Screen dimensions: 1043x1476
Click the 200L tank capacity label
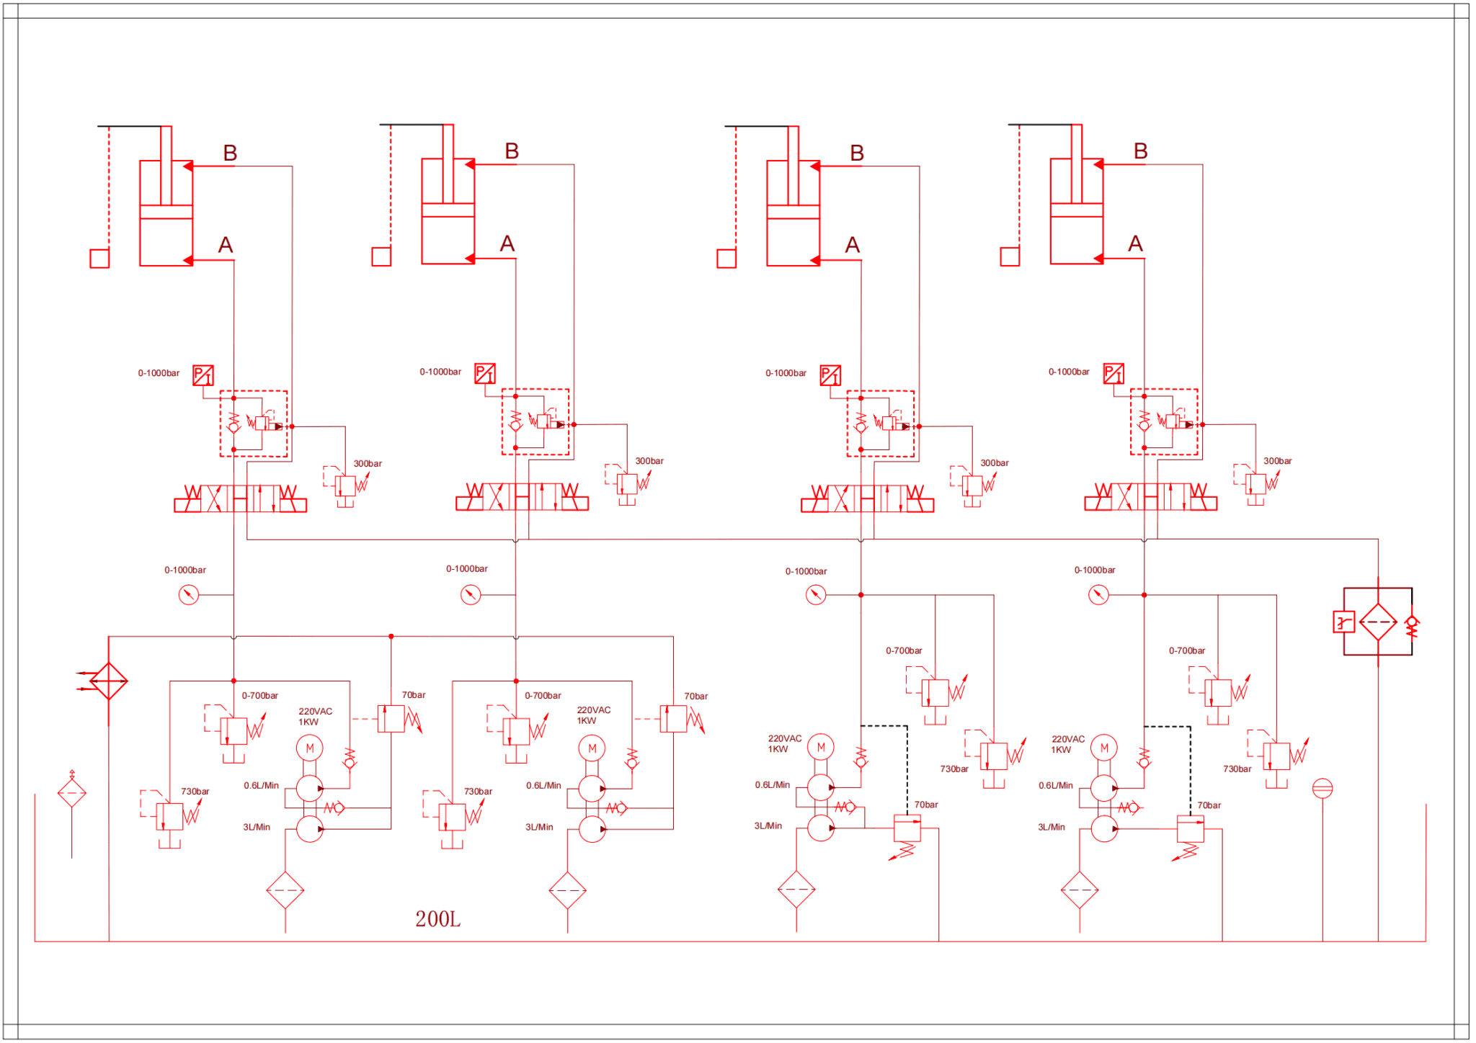click(x=437, y=919)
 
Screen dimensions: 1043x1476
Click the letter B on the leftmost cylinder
click(x=230, y=153)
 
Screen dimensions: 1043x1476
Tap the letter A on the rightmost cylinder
click(x=1135, y=243)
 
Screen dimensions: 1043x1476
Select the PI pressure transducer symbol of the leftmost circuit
click(x=203, y=375)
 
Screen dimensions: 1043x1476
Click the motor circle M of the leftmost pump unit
click(x=310, y=748)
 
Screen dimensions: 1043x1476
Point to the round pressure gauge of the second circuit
click(x=471, y=595)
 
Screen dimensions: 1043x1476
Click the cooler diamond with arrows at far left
click(x=108, y=681)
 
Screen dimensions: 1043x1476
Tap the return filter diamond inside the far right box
click(x=1378, y=622)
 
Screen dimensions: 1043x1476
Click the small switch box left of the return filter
click(x=1343, y=622)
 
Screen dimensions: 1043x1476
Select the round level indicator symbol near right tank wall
click(x=1322, y=789)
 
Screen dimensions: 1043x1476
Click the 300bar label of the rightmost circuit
click(x=1277, y=461)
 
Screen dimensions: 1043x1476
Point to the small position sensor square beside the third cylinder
click(x=726, y=258)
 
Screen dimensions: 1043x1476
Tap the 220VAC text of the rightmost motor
click(x=1067, y=739)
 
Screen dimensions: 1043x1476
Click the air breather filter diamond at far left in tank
click(x=72, y=793)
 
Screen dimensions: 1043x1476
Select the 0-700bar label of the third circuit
click(x=904, y=650)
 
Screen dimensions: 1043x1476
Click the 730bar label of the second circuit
click(x=478, y=792)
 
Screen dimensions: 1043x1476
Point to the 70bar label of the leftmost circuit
click(x=414, y=695)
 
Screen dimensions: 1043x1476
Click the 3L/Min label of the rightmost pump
click(x=1051, y=827)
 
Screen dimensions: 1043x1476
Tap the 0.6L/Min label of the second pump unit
click(x=543, y=786)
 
